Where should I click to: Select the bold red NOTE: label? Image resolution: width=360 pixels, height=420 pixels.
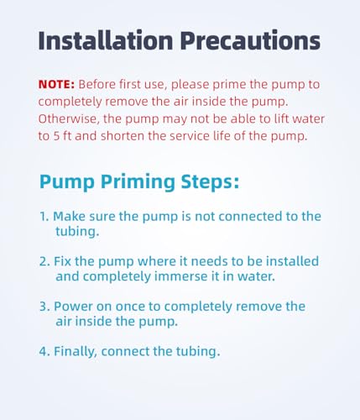57,85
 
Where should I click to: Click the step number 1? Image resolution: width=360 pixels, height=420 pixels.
44,216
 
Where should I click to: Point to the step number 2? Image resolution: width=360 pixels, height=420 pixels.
44,260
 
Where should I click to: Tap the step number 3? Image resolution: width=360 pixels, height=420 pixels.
44,306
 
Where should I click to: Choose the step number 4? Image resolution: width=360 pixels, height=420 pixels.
44,351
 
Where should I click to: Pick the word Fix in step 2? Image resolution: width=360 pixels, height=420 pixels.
63,260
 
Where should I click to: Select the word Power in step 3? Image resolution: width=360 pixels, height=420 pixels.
73,306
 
